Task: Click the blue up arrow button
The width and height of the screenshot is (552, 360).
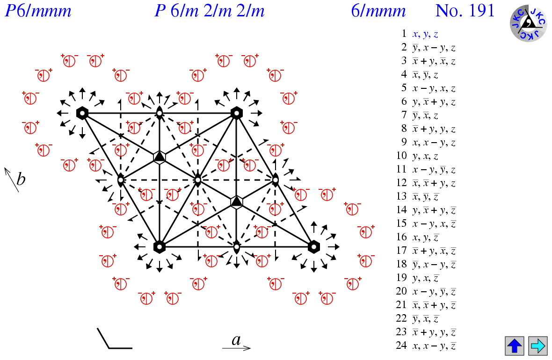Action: [x=515, y=346]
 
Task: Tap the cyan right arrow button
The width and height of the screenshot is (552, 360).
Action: [x=537, y=346]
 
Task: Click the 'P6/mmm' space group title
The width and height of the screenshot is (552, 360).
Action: [x=38, y=10]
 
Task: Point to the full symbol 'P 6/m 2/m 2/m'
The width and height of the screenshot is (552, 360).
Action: [x=210, y=10]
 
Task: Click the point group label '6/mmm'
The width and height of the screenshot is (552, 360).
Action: [x=378, y=10]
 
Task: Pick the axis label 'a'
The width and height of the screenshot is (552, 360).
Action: [x=236, y=340]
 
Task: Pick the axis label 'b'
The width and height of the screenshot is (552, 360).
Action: [x=21, y=179]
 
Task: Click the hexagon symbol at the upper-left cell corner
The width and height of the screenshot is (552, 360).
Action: [x=82, y=113]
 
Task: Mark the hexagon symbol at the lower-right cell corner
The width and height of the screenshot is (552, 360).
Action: [x=314, y=246]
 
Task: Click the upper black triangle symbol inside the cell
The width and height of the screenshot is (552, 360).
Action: [x=160, y=157]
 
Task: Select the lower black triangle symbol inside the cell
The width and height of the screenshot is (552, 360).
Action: [x=237, y=202]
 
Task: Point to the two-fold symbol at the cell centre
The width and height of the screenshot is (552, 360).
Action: [x=198, y=180]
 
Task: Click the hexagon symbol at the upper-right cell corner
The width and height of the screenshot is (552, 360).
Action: [x=237, y=113]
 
